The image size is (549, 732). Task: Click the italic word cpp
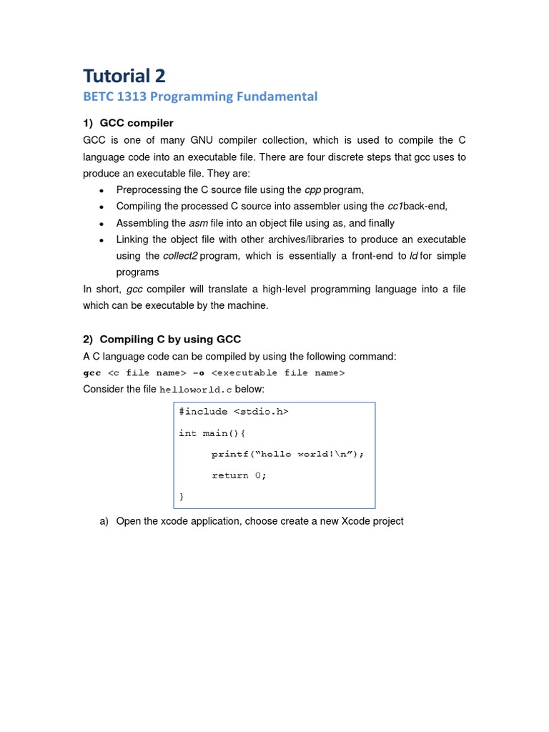(312, 189)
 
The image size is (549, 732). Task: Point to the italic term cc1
(395, 206)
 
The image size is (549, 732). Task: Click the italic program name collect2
(180, 256)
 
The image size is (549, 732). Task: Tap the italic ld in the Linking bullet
(413, 256)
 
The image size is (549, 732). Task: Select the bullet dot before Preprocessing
(102, 190)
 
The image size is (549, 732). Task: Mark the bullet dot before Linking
(102, 240)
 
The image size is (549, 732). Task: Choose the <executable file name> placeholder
(278, 372)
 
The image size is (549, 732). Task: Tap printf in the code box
(227, 454)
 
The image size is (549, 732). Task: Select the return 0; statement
(239, 475)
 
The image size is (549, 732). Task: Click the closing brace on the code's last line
(182, 495)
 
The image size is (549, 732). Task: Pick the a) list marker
(104, 521)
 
